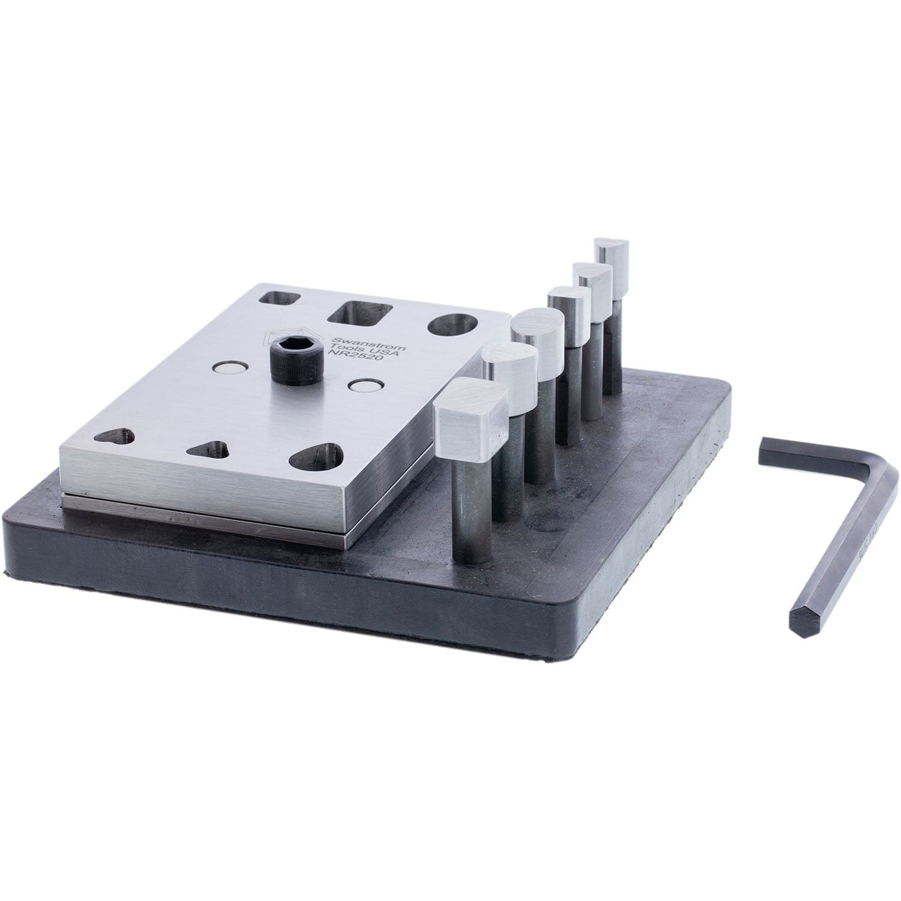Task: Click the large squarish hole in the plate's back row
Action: pos(362,312)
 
